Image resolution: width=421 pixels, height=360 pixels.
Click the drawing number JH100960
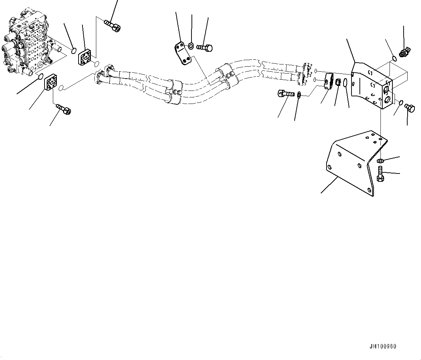pos(383,346)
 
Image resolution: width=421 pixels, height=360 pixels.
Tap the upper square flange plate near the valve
pos(87,58)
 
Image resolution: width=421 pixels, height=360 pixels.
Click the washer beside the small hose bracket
pos(191,46)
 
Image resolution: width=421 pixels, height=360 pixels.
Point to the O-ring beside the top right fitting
pos(394,58)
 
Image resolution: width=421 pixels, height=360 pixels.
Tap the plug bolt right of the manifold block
pos(409,108)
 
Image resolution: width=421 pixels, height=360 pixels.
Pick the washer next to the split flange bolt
pos(299,96)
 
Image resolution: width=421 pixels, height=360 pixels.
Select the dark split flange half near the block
pos(329,81)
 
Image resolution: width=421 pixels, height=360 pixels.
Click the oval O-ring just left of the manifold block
pos(346,84)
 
